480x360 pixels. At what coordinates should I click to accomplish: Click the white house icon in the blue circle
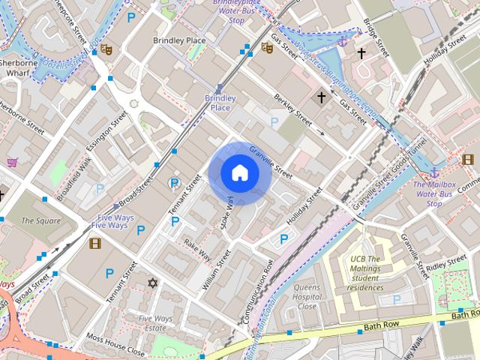(x=239, y=173)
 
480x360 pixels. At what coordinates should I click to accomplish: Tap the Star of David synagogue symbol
(x=153, y=283)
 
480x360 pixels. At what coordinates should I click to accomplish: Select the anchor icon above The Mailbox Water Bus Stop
(x=433, y=173)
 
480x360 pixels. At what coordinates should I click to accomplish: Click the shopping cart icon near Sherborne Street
(x=12, y=163)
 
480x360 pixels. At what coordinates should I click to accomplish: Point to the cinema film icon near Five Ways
(x=95, y=242)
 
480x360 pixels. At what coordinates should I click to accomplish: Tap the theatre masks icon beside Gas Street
(x=266, y=48)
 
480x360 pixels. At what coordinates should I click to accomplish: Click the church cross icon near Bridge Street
(x=361, y=53)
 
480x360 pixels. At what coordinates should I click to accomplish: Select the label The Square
(x=40, y=220)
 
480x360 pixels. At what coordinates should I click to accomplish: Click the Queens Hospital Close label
(x=306, y=297)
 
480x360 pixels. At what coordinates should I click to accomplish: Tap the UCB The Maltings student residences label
(x=367, y=273)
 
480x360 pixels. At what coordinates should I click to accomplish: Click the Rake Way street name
(x=199, y=250)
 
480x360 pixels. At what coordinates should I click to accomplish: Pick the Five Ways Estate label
(x=155, y=323)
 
